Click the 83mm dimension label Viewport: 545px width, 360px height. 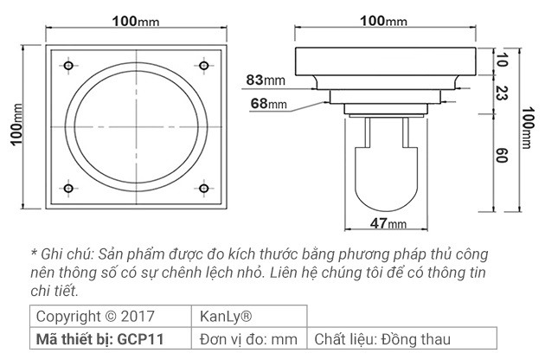(265, 80)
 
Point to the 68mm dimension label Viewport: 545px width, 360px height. (268, 104)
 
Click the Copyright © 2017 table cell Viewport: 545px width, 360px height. (93, 316)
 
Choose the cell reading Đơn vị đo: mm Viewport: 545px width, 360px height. (248, 338)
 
